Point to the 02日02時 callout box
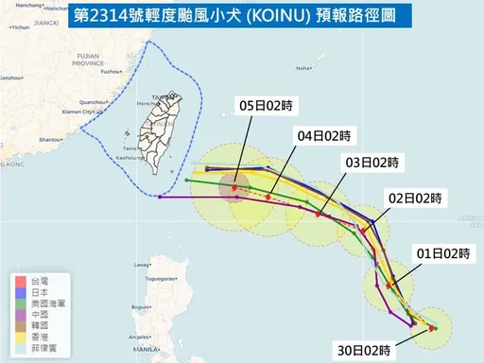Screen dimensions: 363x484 [415, 199]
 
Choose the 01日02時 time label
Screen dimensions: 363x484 [444, 252]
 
